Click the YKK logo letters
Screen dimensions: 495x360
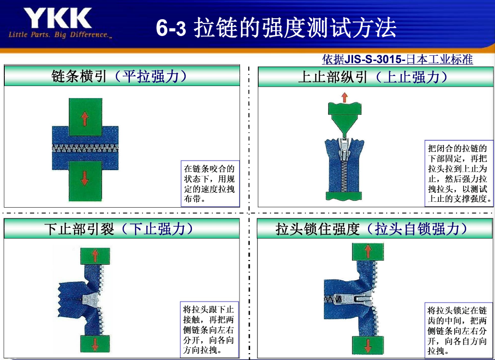click(x=57, y=18)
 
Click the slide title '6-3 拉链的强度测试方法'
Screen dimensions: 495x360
click(x=276, y=27)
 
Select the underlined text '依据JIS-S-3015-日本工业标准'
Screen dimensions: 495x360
click(x=397, y=59)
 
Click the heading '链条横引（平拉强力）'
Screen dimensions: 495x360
click(x=120, y=76)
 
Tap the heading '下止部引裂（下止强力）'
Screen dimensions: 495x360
click(x=119, y=229)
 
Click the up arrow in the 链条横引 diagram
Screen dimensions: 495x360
click(x=85, y=119)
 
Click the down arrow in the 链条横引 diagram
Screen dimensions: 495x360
click(x=85, y=178)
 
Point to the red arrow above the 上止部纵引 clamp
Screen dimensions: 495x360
click(x=344, y=98)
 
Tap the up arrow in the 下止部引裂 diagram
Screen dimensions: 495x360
click(x=95, y=256)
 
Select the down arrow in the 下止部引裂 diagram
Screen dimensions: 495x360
click(x=95, y=344)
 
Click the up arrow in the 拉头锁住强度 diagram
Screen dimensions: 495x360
click(x=368, y=252)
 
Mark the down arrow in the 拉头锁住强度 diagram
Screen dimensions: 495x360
click(x=368, y=346)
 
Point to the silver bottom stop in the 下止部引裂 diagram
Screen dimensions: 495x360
click(x=91, y=299)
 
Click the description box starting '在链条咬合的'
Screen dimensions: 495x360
click(x=210, y=184)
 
